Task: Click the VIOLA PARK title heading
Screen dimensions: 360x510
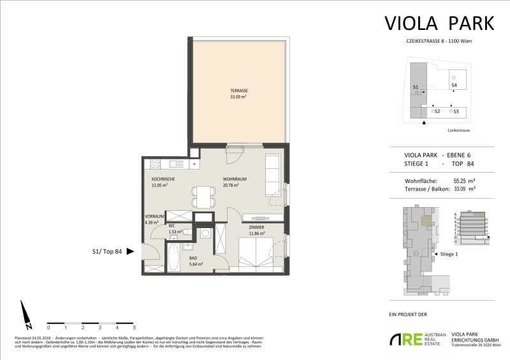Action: point(439,23)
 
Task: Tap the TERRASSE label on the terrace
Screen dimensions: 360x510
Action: point(238,91)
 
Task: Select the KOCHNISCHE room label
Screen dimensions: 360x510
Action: point(163,179)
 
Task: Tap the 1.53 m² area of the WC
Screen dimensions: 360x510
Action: point(176,232)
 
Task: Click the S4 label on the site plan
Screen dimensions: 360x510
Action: point(454,85)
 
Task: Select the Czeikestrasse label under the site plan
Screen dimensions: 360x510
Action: point(458,129)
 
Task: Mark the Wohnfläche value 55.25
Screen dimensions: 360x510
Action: point(460,181)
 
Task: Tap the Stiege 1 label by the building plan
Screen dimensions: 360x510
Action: point(449,254)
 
